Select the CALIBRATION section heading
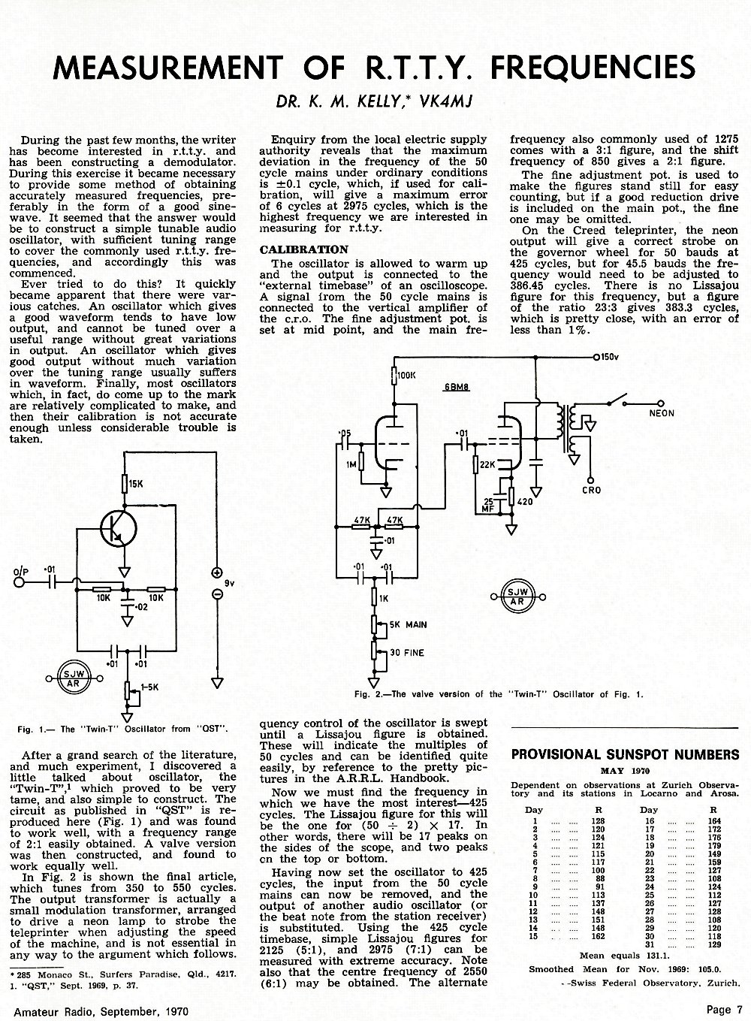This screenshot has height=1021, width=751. point(303,249)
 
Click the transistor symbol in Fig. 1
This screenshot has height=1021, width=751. point(119,528)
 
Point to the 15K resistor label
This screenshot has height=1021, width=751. point(136,484)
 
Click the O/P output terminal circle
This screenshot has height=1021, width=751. point(19,582)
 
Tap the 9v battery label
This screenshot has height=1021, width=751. point(229,583)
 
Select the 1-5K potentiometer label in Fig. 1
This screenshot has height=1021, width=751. point(150,687)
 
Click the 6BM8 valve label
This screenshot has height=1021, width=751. point(457,388)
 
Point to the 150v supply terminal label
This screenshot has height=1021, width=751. point(610,357)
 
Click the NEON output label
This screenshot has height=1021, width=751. point(662,413)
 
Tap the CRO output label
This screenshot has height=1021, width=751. point(592,491)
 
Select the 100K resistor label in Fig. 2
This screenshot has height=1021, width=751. point(406,375)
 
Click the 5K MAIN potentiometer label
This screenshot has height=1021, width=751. point(408,624)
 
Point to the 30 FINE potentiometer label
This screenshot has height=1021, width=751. point(407,653)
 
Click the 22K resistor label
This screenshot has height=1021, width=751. point(487,465)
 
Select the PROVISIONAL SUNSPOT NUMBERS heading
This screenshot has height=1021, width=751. point(625,754)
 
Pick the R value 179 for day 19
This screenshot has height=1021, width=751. point(714,845)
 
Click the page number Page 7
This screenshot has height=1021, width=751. point(725,1009)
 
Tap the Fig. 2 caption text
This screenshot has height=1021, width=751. point(499,694)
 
